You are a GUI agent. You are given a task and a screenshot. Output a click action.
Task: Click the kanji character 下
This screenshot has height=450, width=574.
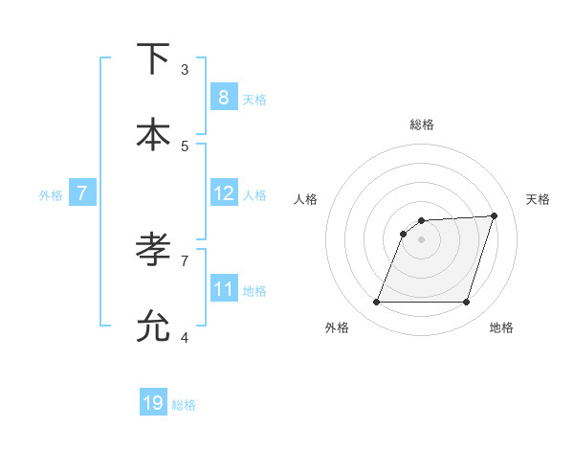pos(153,58)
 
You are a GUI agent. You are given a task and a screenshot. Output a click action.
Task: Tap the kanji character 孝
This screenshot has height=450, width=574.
pos(153,250)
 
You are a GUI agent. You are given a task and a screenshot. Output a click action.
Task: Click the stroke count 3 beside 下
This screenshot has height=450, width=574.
pos(185,70)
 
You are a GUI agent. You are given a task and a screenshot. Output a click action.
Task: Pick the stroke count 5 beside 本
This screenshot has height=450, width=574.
pos(185,146)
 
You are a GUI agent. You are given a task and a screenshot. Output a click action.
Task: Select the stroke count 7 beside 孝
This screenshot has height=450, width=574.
pos(185,259)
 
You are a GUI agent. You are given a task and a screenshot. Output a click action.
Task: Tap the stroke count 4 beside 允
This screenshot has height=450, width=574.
pos(185,337)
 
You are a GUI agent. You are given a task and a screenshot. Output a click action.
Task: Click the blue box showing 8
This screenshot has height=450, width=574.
pos(223,97)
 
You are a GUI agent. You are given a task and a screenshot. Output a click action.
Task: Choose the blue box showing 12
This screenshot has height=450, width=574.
pos(223,193)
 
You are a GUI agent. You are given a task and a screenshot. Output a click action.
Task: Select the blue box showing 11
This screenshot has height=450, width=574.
pos(223,288)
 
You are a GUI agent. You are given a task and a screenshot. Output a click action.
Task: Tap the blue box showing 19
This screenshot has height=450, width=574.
pos(153,403)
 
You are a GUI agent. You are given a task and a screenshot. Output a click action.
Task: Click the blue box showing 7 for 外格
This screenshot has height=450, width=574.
pos(82,193)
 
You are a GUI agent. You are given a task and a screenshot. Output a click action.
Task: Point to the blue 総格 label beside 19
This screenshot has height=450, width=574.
pos(184,405)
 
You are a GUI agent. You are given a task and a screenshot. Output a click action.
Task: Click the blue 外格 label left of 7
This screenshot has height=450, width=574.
pos(51,195)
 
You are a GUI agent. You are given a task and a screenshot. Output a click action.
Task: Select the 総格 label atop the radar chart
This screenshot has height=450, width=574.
pos(422,124)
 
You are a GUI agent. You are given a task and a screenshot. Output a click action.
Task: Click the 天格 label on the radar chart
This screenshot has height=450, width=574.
pos(538,199)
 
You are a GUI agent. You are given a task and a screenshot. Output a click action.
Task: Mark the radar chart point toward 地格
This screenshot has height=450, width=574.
pos(467,303)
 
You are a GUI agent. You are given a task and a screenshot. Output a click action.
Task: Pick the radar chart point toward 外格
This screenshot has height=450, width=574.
pos(376,303)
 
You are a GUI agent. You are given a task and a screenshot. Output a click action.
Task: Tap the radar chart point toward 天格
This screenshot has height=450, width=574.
pos(495,215)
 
